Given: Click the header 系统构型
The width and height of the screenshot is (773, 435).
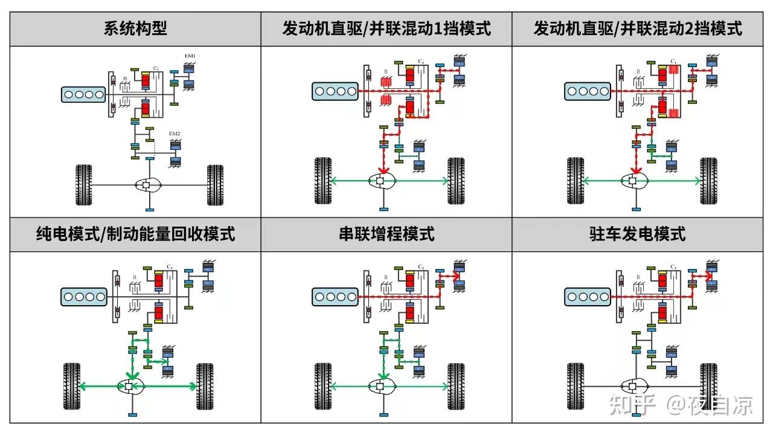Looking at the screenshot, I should (135, 28).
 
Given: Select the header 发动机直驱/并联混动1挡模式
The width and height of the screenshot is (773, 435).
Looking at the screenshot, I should (386, 28).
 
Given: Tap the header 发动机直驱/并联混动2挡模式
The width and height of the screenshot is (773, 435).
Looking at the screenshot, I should (638, 28).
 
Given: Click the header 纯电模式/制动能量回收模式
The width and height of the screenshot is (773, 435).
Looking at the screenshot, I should (135, 234).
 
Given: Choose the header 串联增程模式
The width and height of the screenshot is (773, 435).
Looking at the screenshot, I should (386, 234).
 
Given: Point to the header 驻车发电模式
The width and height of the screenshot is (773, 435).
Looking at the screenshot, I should (638, 234).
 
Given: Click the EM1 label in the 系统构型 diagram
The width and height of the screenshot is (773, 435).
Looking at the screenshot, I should (190, 56).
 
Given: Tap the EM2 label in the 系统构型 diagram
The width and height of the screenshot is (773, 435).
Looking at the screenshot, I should (175, 133).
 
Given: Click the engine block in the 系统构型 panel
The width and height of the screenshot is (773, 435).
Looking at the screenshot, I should (82, 94).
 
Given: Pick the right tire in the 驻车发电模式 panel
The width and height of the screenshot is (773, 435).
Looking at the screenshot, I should (708, 386).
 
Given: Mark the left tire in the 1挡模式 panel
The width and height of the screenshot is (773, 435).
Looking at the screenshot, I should (322, 180).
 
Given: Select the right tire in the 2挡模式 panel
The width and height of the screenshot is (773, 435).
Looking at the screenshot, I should (708, 180).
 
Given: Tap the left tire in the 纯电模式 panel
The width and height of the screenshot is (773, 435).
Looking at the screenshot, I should (72, 386).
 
